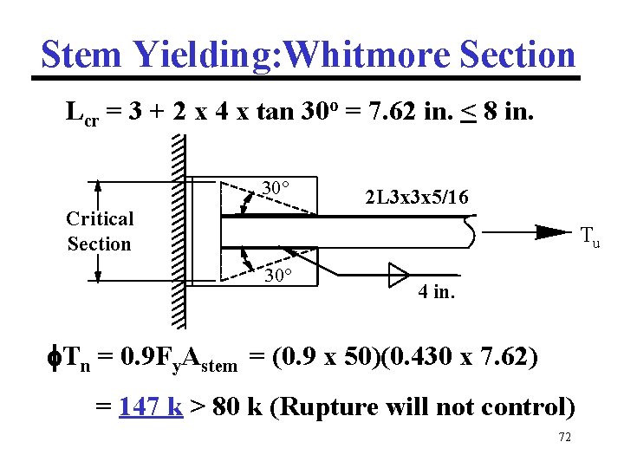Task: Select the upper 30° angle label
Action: click(276, 188)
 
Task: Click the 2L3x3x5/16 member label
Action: click(417, 198)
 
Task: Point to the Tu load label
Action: click(589, 234)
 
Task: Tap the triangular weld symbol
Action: click(398, 276)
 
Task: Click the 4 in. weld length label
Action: click(436, 292)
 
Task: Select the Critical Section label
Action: click(100, 231)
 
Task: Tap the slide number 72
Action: click(564, 439)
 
